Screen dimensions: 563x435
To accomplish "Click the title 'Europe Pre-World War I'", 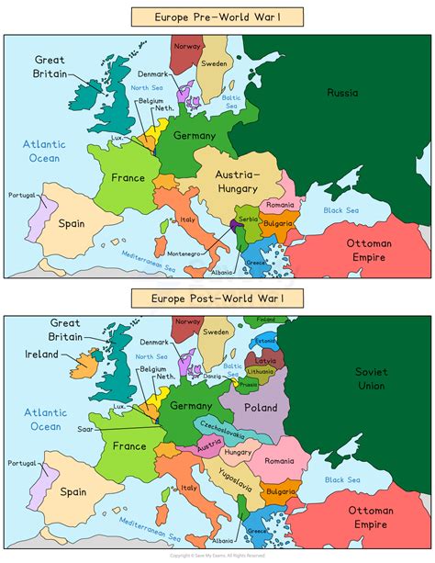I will coord(217,17).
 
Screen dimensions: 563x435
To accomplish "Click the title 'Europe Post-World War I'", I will coord(217,298).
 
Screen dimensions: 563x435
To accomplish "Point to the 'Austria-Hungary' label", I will coord(238,181).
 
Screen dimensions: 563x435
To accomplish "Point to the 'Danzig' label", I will coord(214,377).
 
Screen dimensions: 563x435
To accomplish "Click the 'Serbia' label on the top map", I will coord(249,220).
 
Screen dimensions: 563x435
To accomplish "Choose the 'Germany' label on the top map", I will coord(194,136).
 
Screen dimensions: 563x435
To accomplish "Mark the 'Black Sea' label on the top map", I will coord(345,210).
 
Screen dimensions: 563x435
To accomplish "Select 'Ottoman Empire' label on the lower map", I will coord(371,516).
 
